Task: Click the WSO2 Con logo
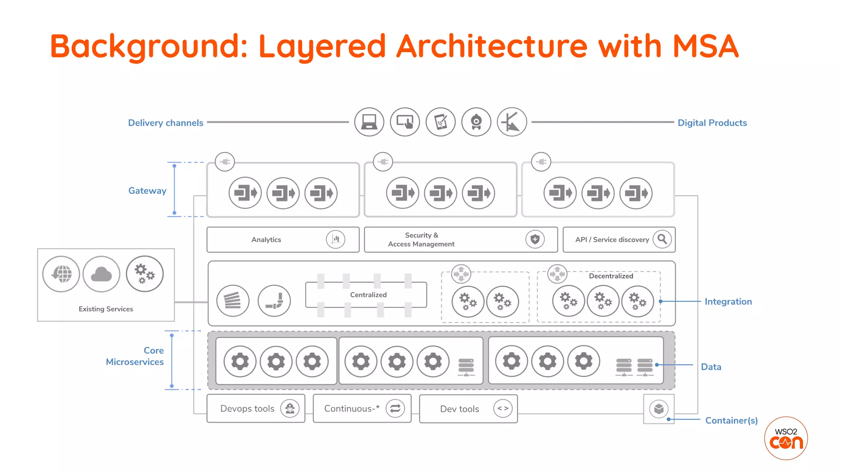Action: pos(786,439)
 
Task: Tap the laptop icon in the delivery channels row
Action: pos(369,122)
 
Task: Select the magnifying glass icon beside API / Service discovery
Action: pos(662,239)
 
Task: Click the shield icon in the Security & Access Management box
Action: pos(535,239)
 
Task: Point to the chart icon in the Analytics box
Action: pos(335,239)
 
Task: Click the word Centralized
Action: pos(368,295)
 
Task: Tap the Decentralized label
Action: pos(611,276)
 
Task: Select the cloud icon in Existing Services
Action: pos(101,274)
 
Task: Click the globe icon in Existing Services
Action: pos(61,274)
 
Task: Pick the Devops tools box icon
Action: pos(290,409)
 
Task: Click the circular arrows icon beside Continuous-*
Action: pos(395,409)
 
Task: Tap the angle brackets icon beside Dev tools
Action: pos(503,409)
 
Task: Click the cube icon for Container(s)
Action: pos(659,409)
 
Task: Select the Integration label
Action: pos(728,301)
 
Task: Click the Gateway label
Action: pos(147,191)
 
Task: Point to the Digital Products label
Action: pos(712,123)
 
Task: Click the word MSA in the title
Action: pos(705,46)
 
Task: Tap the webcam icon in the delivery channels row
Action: pos(476,122)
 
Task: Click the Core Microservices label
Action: pos(135,356)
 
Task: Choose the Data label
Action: pos(711,367)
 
